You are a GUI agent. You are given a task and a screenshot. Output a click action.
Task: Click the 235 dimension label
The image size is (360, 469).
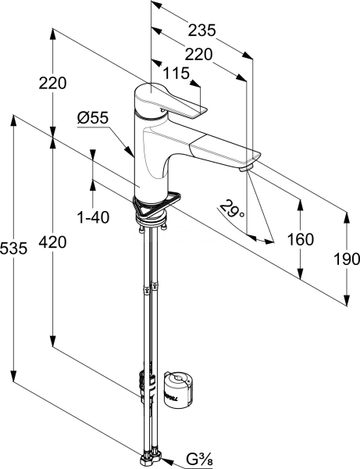[201, 30]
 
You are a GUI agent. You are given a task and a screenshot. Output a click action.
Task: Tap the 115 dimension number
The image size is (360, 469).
[176, 73]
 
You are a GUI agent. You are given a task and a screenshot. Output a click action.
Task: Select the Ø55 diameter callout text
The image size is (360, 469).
[92, 118]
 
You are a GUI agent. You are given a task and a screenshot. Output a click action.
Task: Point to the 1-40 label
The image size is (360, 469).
[93, 217]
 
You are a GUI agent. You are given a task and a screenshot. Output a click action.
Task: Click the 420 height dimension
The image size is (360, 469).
[52, 242]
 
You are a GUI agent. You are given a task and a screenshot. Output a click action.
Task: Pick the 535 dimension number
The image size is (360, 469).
[14, 249]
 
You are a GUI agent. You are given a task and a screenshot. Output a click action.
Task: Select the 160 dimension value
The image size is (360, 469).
[301, 239]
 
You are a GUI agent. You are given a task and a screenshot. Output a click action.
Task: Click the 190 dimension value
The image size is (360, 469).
[347, 259]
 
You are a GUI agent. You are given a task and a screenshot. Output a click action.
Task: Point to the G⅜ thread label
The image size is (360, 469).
[199, 460]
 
